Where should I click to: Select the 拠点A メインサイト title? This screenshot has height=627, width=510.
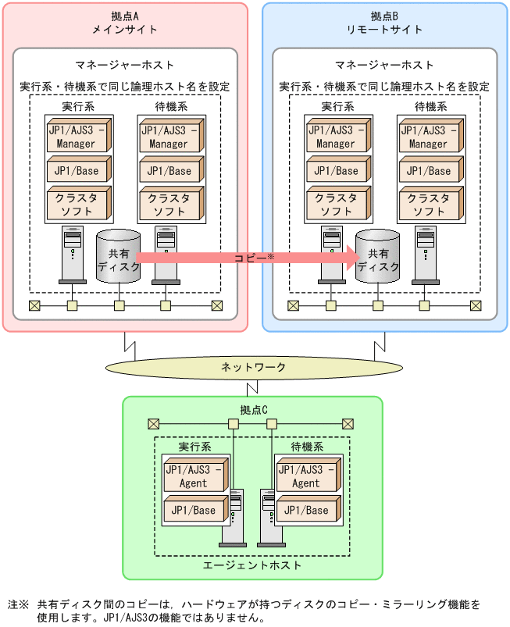coord(125,23)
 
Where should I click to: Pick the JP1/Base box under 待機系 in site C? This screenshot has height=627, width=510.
coord(305,511)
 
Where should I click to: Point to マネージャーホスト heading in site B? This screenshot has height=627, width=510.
coord(384,65)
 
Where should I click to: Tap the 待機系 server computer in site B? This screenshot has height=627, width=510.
coord(424,254)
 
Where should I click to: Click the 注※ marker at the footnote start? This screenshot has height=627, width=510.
coord(18,604)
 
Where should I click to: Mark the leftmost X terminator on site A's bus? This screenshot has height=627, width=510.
coord(34,305)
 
